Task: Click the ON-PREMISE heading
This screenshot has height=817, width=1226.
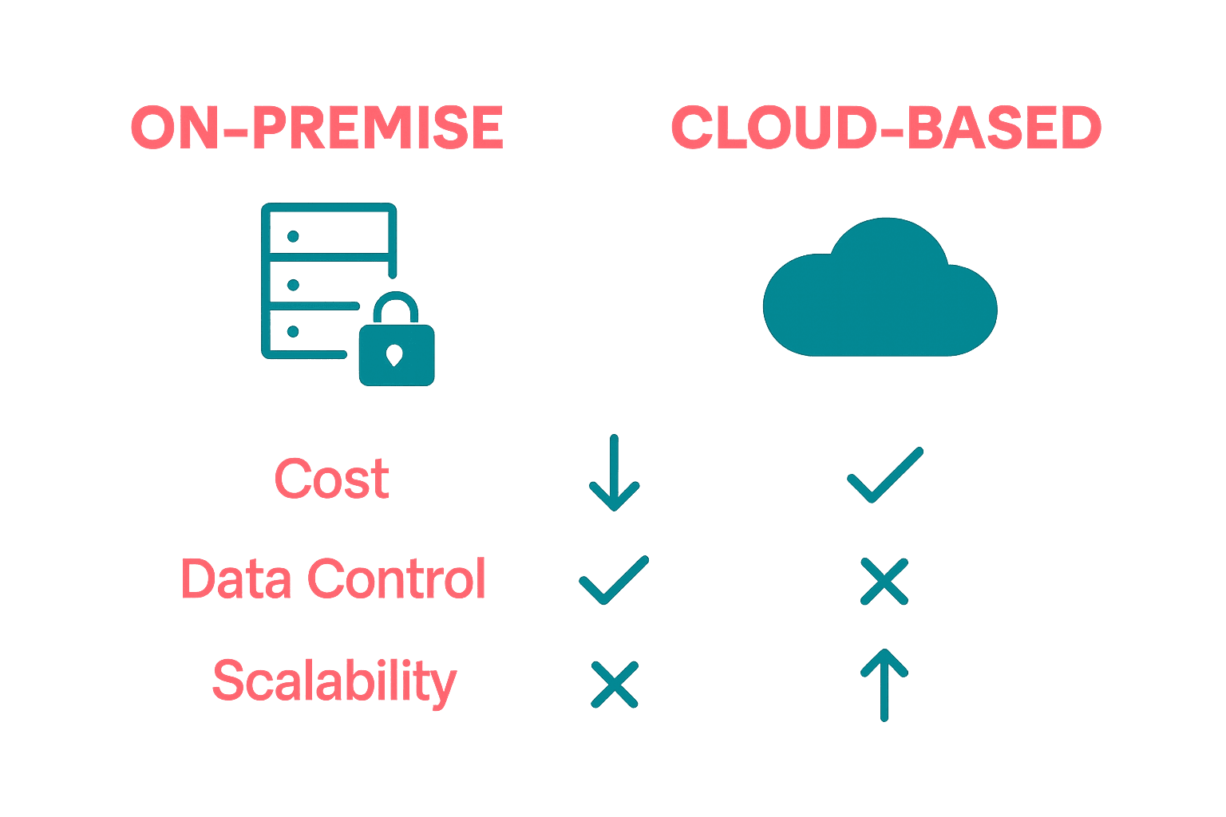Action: [x=317, y=128]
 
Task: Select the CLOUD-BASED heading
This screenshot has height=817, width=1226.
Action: [x=886, y=128]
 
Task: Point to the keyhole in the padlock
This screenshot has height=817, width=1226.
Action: [x=394, y=354]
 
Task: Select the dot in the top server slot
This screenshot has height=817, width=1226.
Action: [x=293, y=236]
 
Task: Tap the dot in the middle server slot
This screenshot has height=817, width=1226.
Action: [x=293, y=285]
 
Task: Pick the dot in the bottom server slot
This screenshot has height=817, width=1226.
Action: [x=293, y=331]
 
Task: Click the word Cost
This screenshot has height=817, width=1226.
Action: [x=332, y=479]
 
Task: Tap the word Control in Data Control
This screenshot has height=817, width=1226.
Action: [x=397, y=578]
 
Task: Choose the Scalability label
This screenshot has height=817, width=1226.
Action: [x=334, y=681]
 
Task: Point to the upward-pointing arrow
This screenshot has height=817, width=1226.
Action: [x=884, y=685]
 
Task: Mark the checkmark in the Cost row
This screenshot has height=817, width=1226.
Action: [x=884, y=476]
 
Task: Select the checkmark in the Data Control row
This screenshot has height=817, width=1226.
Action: [x=613, y=580]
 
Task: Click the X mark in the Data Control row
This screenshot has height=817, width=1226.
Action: [x=884, y=581]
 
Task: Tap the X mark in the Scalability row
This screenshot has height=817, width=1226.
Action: [x=614, y=685]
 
